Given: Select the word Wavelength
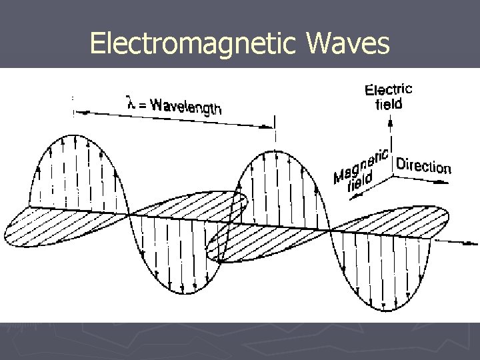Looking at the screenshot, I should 185,106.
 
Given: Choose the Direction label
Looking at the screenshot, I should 423,165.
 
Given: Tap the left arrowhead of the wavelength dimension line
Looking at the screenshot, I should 75,111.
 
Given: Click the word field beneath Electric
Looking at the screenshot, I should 389,105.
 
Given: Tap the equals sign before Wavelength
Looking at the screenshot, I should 143,102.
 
